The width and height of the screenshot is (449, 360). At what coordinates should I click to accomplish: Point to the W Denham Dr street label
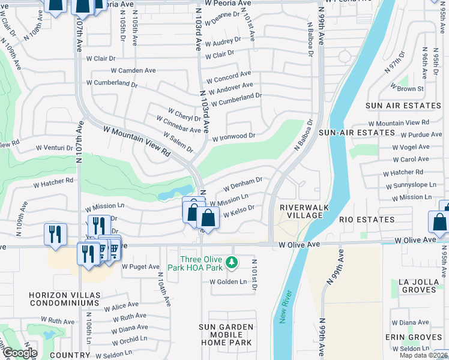click(243, 181)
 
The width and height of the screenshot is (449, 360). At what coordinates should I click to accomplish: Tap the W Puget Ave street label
click(140, 266)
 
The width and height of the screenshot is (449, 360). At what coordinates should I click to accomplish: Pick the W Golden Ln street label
click(228, 282)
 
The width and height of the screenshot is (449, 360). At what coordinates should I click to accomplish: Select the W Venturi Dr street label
click(55, 147)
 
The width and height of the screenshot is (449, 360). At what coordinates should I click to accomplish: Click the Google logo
click(19, 353)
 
